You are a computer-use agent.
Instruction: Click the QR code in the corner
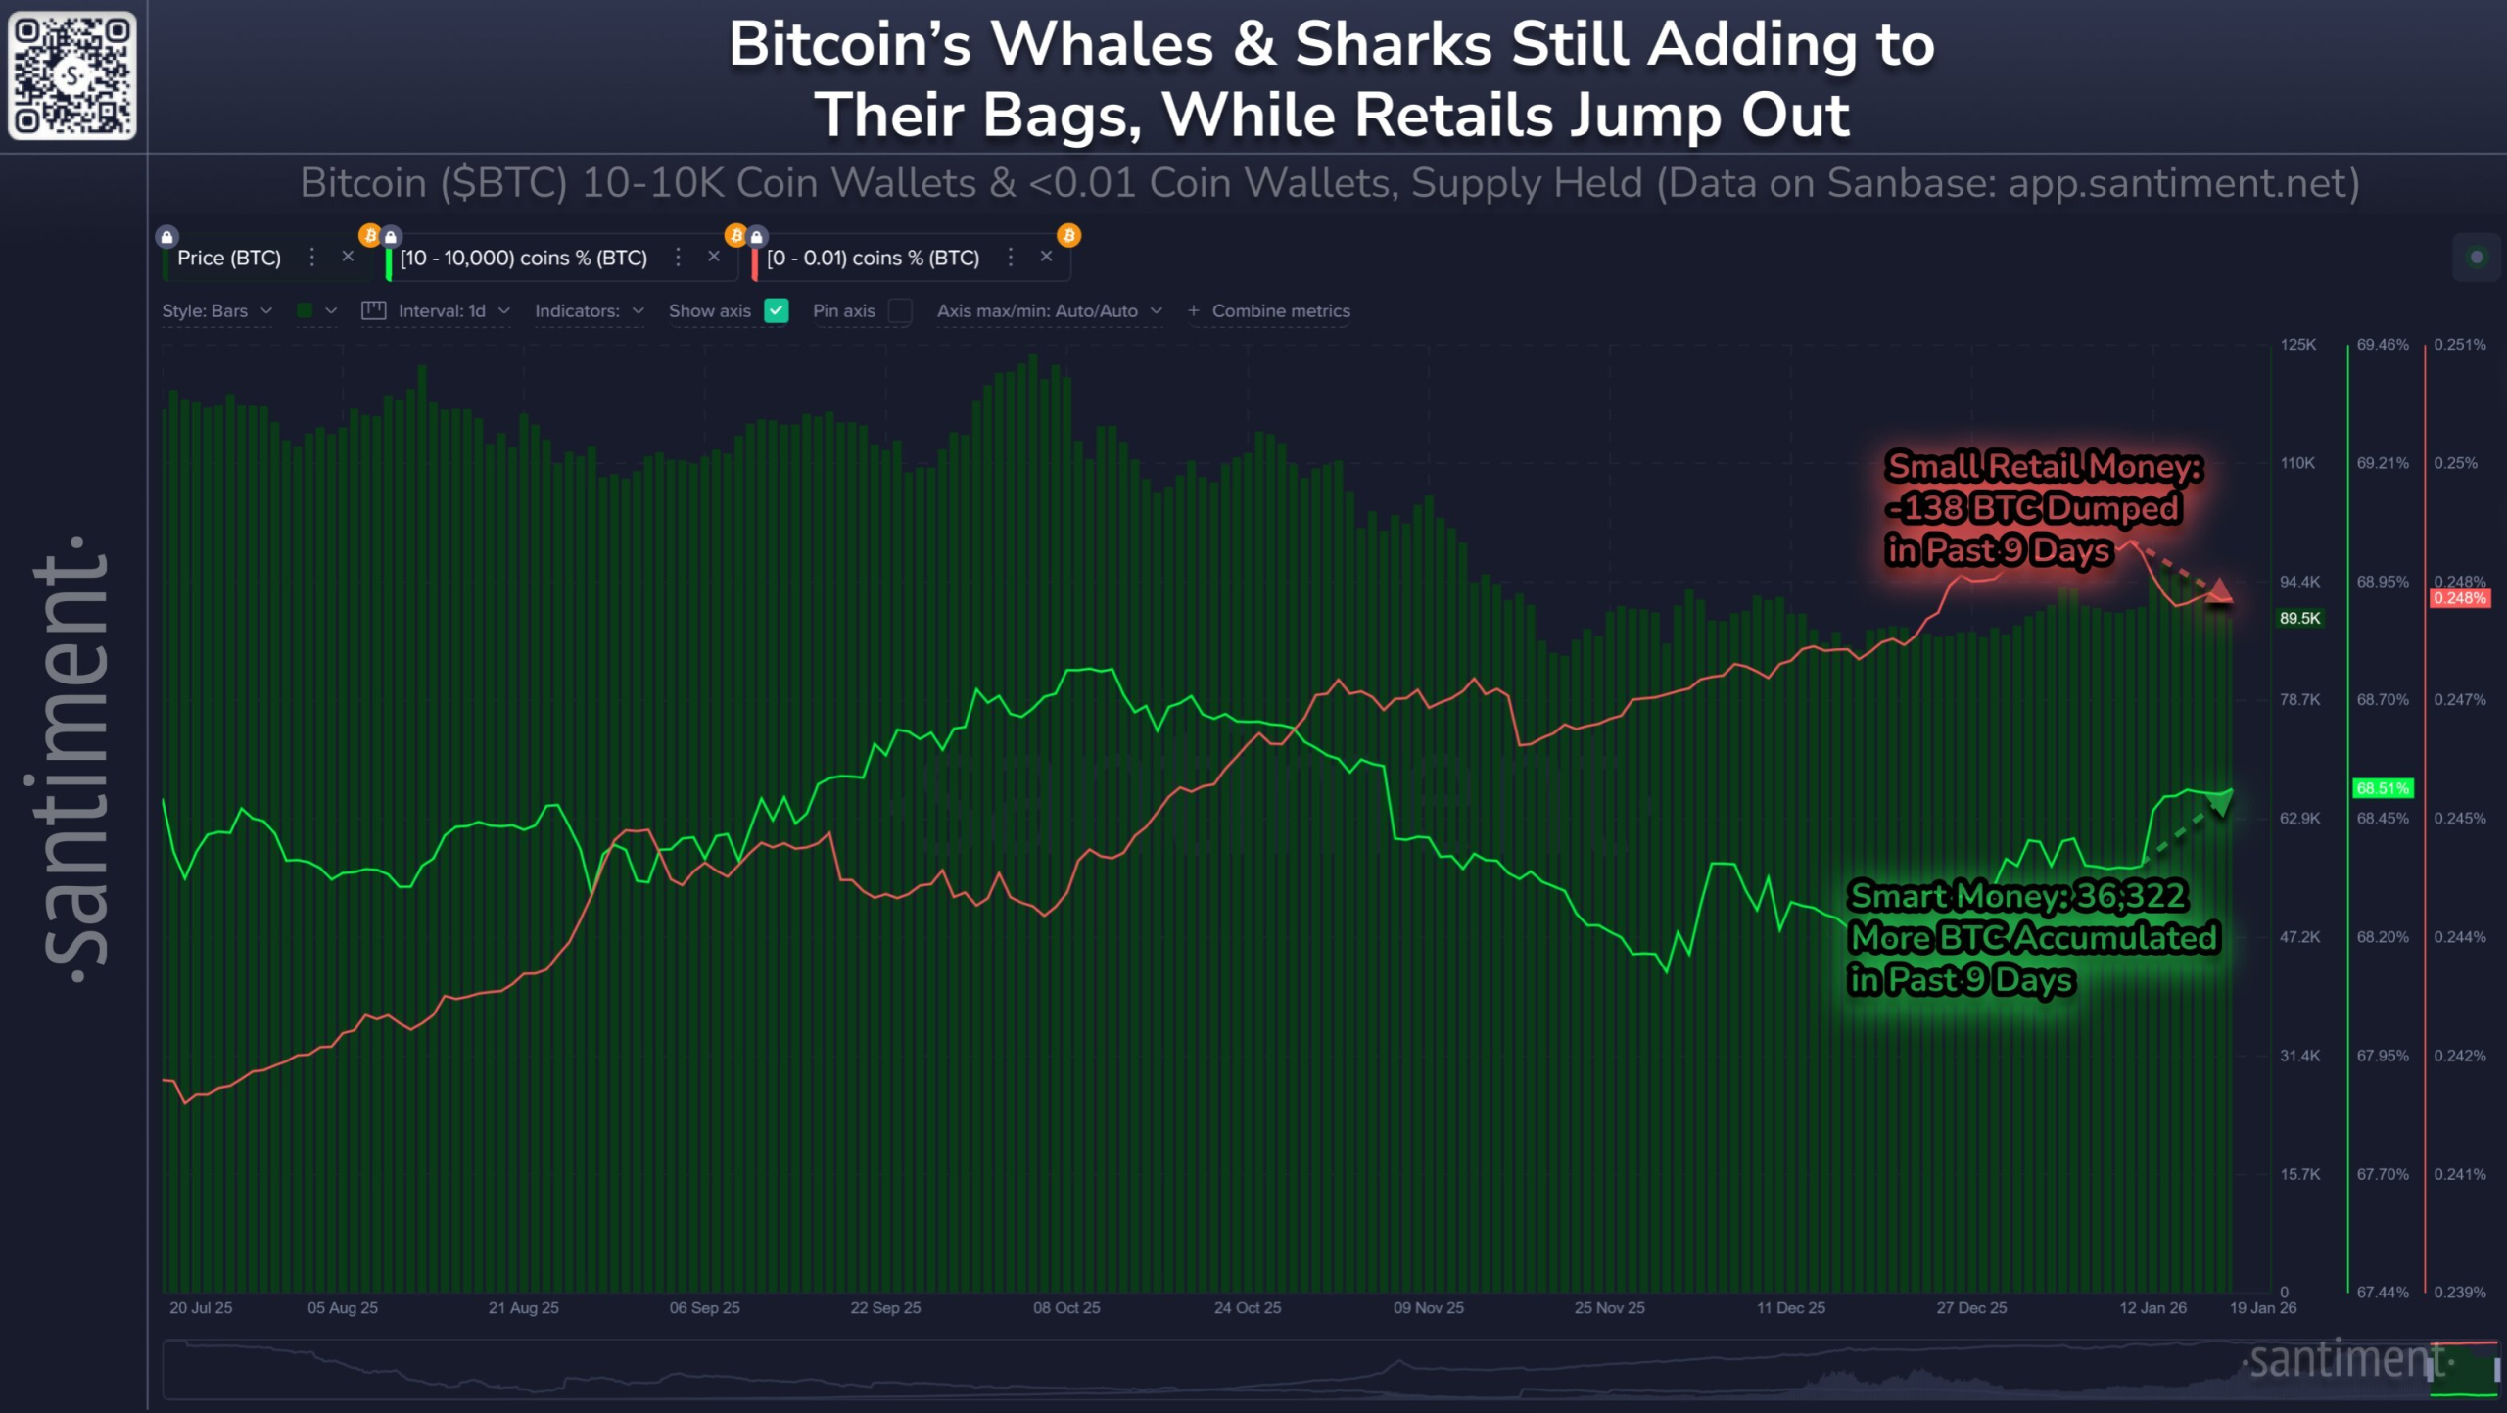(x=71, y=75)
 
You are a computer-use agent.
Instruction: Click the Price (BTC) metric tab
(x=228, y=258)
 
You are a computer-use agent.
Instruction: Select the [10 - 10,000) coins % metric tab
(x=523, y=258)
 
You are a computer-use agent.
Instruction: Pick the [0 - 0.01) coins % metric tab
(x=873, y=258)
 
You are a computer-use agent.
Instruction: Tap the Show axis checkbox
(x=777, y=310)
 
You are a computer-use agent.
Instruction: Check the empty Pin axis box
(x=900, y=310)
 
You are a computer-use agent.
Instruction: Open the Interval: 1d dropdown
(x=441, y=310)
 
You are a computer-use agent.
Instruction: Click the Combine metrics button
(x=1270, y=310)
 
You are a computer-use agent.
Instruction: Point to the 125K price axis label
(x=2297, y=345)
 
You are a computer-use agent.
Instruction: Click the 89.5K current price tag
(x=2299, y=618)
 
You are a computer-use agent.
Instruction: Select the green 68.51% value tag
(x=2382, y=788)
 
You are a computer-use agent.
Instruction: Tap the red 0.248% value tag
(x=2459, y=598)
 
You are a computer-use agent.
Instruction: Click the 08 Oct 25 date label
(x=1066, y=1308)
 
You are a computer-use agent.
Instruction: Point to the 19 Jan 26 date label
(x=2262, y=1308)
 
